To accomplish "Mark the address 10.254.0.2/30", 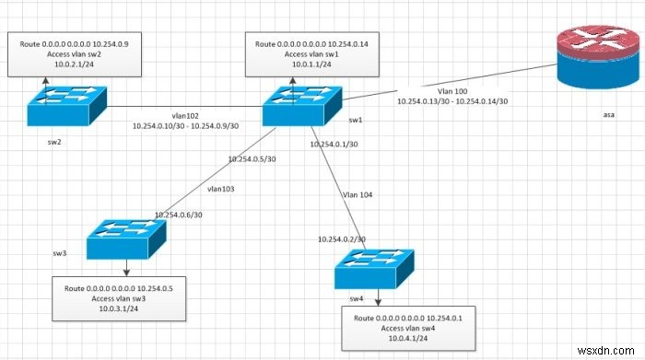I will coord(346,238).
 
